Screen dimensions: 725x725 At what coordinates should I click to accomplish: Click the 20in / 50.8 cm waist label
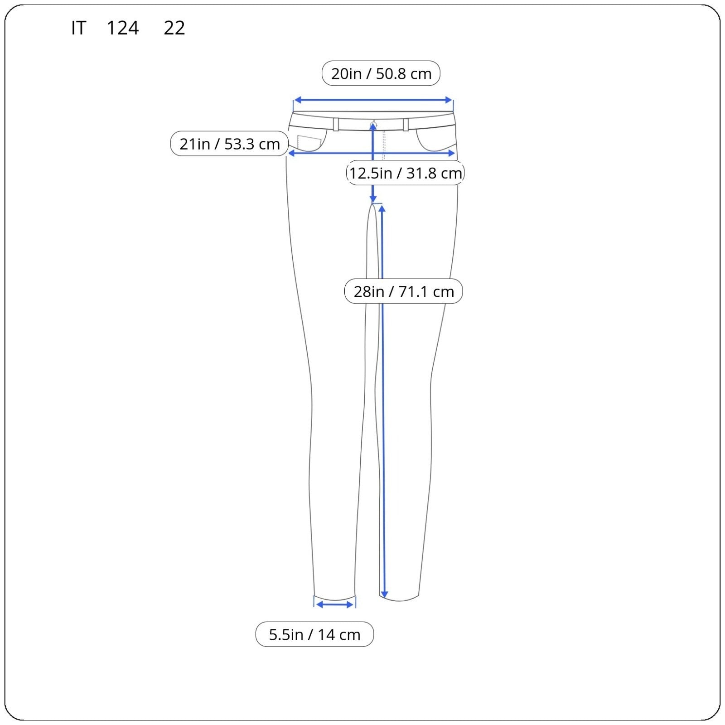[x=381, y=73]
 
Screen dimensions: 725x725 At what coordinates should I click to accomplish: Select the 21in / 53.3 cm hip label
[x=229, y=144]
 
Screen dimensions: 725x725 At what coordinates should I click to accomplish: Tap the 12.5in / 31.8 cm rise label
[x=406, y=173]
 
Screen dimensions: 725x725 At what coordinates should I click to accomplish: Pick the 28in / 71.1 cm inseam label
[x=404, y=291]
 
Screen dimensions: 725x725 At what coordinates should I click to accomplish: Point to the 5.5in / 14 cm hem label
[x=314, y=634]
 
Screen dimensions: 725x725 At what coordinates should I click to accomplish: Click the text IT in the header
[x=78, y=28]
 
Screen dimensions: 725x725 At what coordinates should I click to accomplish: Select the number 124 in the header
[x=123, y=28]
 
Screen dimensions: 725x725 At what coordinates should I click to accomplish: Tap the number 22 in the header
[x=174, y=28]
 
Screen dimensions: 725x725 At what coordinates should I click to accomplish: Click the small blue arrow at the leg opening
[x=335, y=604]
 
